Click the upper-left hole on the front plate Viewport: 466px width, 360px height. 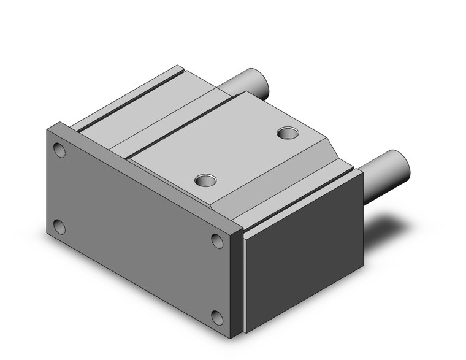coord(59,150)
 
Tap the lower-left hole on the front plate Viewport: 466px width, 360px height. coord(59,227)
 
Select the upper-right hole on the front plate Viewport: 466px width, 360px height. coord(218,240)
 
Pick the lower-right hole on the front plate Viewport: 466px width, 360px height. coord(217,317)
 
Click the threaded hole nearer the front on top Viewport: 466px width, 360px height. coord(205,180)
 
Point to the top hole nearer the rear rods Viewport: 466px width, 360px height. coord(287,132)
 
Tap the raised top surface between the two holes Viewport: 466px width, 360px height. coord(245,153)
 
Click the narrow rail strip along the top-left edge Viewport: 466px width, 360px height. coord(123,95)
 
